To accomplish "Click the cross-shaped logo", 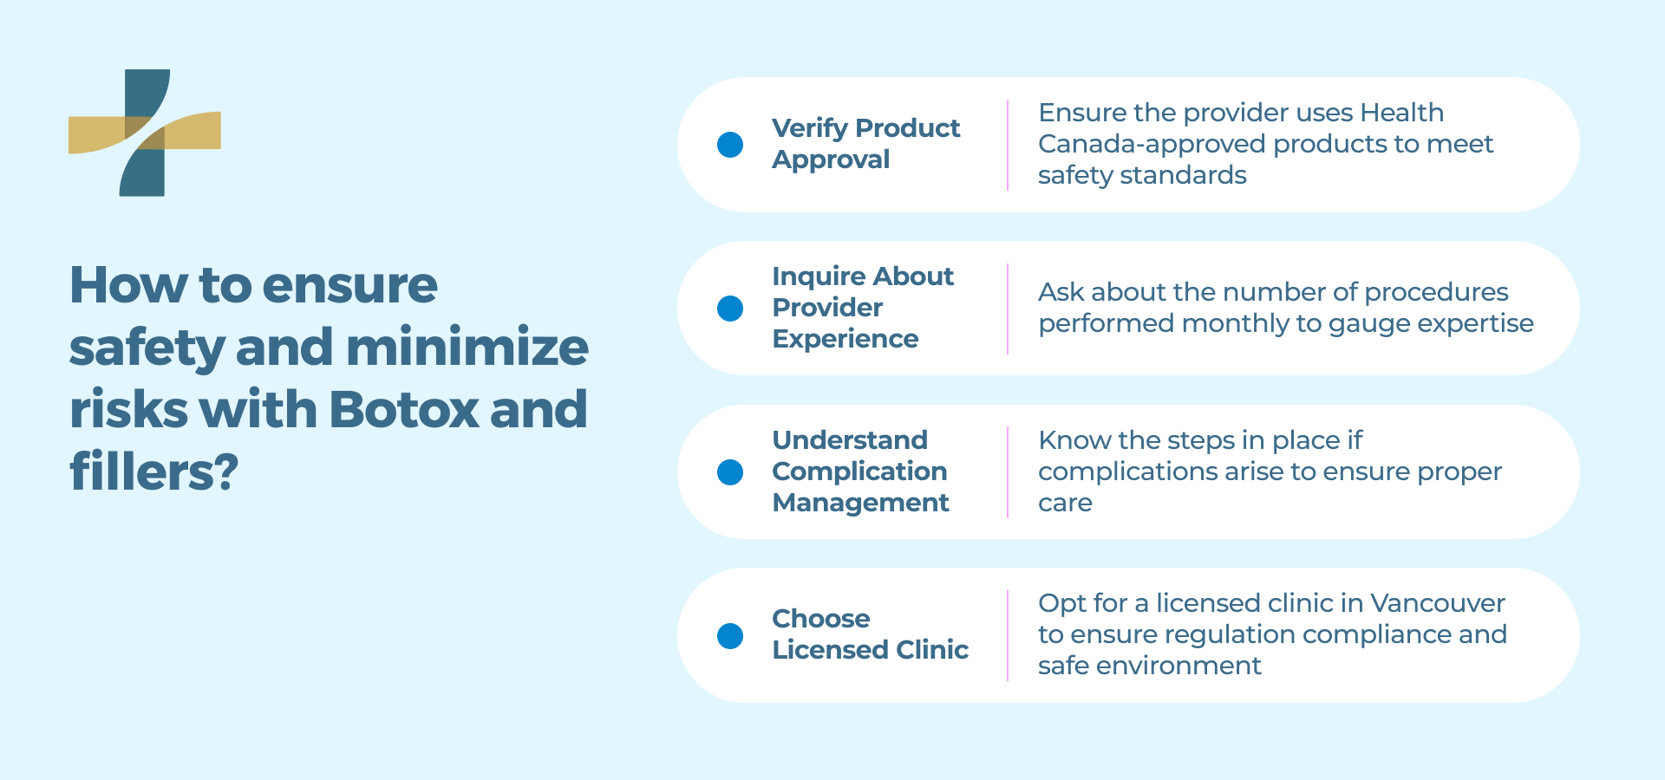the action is [145, 133].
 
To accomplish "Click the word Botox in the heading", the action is [404, 409].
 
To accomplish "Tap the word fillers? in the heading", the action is [153, 471].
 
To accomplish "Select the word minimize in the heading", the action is [467, 347].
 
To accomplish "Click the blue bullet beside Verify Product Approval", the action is [730, 145].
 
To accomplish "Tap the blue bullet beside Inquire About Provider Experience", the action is [730, 309].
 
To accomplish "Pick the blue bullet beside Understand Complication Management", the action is [730, 472].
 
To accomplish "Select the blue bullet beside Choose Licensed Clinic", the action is [730, 636].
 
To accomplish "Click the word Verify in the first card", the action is [810, 129].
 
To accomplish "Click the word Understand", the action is [850, 439].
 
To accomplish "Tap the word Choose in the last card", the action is [821, 618].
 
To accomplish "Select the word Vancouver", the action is [1438, 602].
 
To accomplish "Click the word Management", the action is [861, 504].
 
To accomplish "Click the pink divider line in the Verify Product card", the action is [1008, 145].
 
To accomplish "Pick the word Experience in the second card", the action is [846, 340].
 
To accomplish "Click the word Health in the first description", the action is [1401, 113].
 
